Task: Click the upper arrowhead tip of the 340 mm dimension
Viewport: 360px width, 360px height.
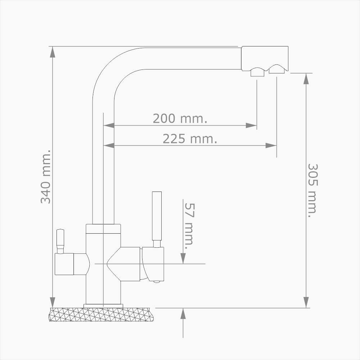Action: pos(53,46)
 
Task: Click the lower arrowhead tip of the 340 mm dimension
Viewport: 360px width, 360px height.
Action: pos(53,308)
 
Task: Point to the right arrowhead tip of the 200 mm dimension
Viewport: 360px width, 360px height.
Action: pos(256,126)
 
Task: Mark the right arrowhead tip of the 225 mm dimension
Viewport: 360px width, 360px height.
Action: pos(276,145)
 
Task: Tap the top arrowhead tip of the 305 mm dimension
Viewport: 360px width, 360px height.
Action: pos(306,73)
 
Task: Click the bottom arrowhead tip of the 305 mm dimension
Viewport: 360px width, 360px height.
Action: pos(306,308)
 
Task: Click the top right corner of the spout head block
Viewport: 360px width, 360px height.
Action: pos(288,46)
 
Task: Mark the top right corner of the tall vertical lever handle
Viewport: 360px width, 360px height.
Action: pos(161,192)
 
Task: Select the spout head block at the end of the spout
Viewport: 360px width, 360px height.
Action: pos(265,59)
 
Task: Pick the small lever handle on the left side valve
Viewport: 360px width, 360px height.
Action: pos(60,241)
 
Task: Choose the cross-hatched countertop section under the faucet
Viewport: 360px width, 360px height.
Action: pos(101,315)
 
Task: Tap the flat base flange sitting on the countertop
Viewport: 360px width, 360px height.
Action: pos(103,306)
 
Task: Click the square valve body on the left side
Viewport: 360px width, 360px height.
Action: pos(64,264)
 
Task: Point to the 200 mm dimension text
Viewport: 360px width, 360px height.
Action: pos(180,118)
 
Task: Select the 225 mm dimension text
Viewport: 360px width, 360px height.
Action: pos(190,139)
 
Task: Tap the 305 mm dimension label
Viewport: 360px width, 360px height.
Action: pos(312,191)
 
